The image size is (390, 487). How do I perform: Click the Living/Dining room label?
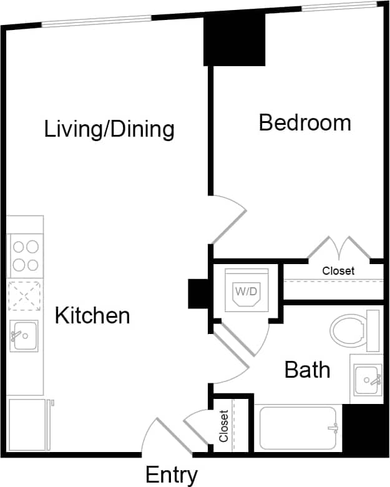(109, 129)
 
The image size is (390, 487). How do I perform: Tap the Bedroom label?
(305, 122)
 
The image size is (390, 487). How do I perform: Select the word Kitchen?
(92, 315)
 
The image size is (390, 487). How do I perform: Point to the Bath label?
(307, 370)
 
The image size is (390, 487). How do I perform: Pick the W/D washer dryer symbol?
(246, 291)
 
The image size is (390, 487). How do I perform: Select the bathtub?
(298, 428)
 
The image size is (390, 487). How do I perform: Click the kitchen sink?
(24, 337)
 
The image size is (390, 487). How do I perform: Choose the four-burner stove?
(25, 255)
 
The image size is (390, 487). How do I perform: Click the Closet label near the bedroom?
(338, 271)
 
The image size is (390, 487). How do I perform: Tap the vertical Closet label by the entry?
(223, 425)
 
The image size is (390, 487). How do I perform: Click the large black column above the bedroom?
(235, 39)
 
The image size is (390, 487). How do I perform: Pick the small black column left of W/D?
(198, 293)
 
